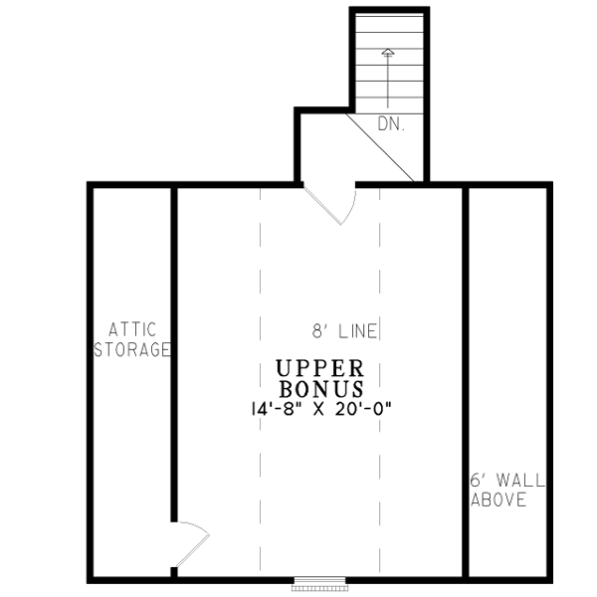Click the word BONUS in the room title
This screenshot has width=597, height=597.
pos(320,388)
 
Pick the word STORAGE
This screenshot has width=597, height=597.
pos(132,349)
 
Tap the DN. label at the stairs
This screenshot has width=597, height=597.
pos(389,124)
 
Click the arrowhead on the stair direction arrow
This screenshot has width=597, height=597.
pos(388,53)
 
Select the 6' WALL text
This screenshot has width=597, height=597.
pos(507,481)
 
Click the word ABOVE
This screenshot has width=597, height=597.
pos(498,499)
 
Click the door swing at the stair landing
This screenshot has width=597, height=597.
pos(338,204)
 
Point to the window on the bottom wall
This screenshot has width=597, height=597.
pos(320,580)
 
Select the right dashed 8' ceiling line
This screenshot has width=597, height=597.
pos(380,298)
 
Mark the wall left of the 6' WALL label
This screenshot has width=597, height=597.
pos(466,348)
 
